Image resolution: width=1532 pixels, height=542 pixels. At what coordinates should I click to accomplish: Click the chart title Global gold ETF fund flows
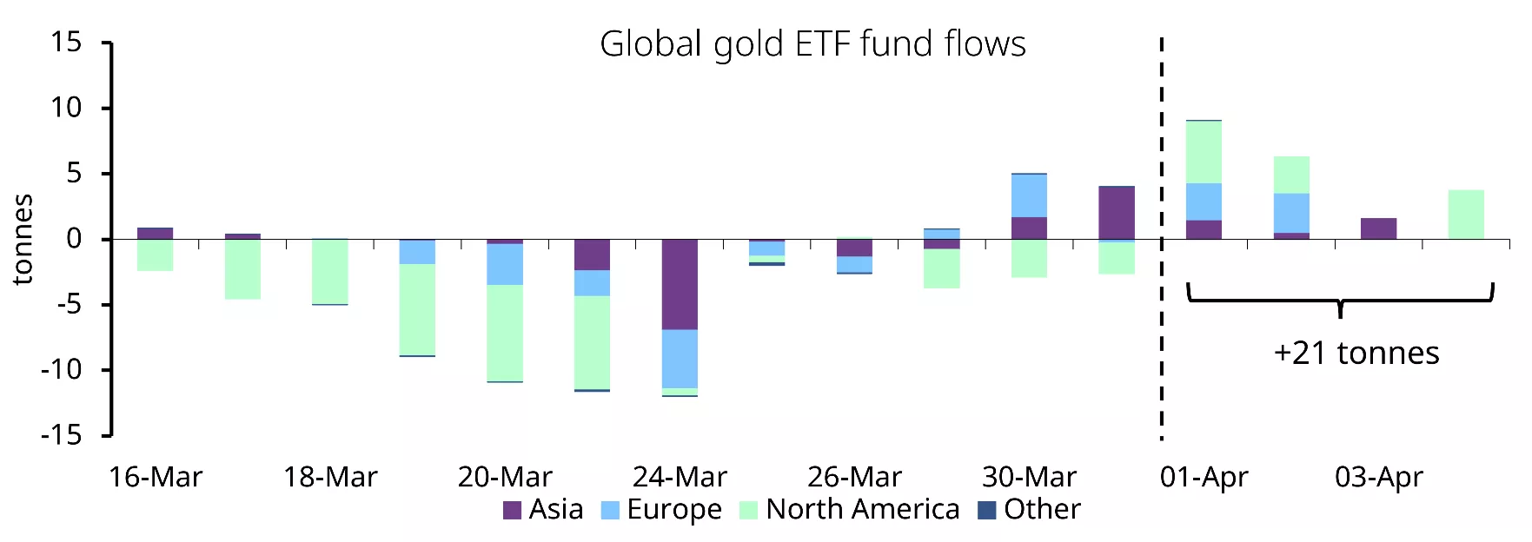click(812, 44)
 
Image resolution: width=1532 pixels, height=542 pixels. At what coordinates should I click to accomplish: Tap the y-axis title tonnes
click(23, 239)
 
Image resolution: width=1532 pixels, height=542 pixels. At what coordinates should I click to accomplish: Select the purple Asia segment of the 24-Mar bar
click(680, 284)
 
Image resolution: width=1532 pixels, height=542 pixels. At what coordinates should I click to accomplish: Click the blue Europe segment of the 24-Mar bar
click(680, 359)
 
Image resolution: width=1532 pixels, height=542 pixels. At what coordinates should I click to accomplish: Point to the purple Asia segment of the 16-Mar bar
click(156, 233)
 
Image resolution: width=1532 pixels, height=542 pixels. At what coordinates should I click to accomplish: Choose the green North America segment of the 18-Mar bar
click(330, 271)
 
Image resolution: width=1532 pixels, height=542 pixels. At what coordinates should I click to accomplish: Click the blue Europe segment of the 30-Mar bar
click(1029, 195)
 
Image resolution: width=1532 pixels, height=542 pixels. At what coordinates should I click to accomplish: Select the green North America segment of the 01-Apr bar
click(1204, 152)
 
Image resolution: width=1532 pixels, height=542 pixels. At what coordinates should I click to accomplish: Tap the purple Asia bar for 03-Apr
click(1378, 228)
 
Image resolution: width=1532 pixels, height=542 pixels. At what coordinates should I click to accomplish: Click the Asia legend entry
click(544, 509)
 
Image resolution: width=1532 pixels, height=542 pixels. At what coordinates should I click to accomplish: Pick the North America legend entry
click(850, 509)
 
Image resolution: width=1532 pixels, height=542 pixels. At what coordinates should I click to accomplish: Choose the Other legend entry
click(1030, 509)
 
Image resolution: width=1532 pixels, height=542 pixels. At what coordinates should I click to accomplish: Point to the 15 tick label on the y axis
click(66, 42)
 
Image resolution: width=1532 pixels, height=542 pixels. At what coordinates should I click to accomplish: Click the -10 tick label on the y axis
click(61, 369)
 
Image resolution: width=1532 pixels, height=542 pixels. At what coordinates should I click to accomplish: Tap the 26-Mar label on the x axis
click(854, 477)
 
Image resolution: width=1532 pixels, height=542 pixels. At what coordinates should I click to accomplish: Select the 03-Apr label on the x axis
click(1378, 477)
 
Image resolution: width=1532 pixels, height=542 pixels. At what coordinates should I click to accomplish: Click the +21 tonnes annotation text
click(1356, 353)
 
